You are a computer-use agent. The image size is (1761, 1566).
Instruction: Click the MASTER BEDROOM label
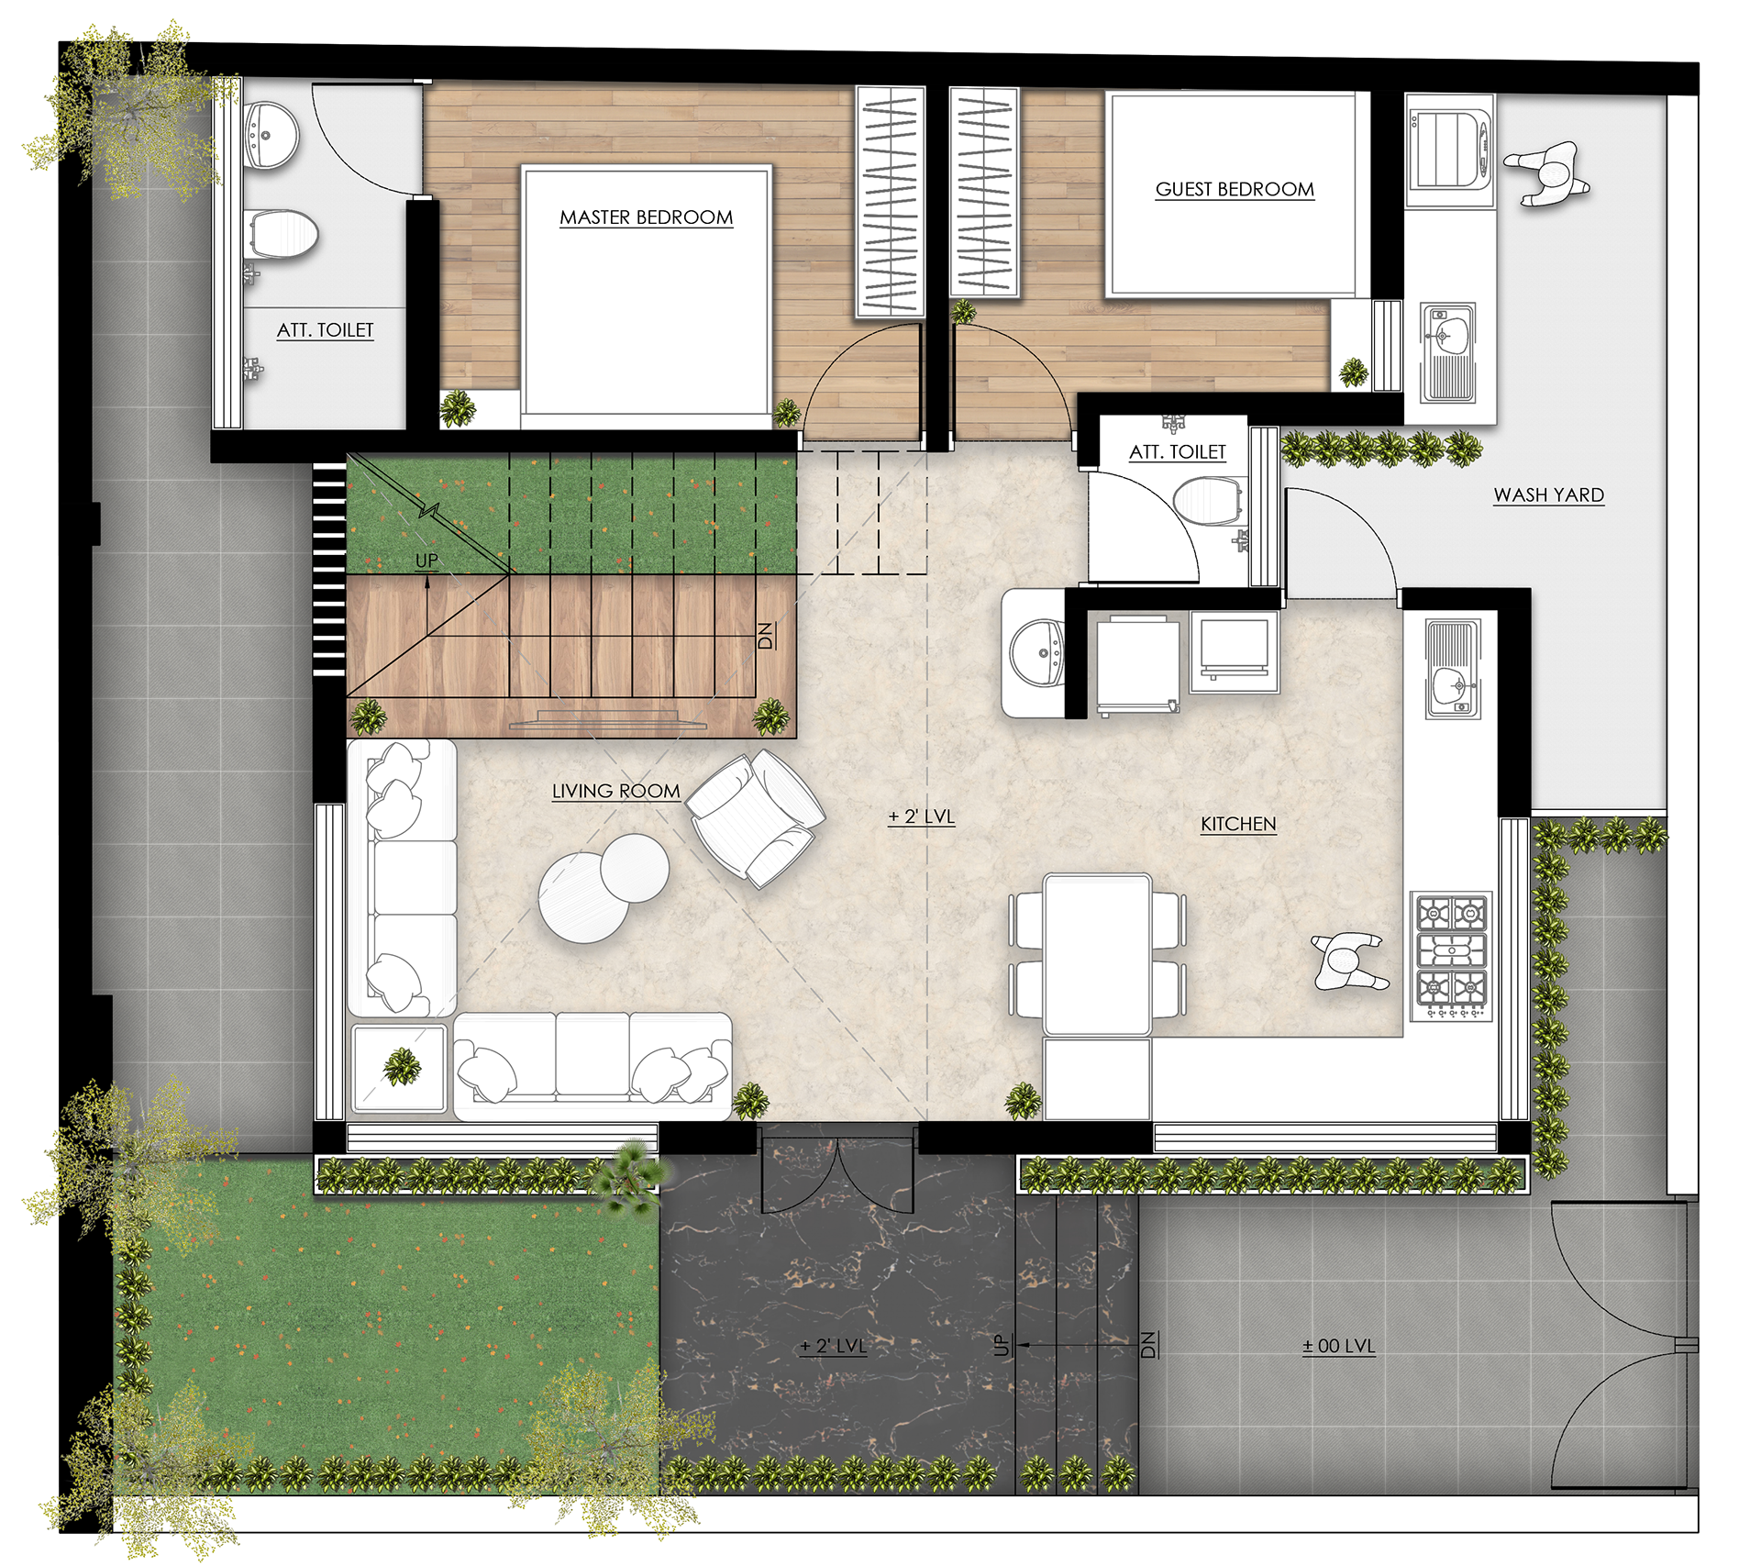(x=646, y=217)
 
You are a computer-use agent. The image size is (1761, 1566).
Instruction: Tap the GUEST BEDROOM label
(x=1235, y=189)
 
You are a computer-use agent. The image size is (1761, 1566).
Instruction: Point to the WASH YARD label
(x=1548, y=494)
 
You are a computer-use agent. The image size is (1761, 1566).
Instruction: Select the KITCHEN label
(x=1238, y=824)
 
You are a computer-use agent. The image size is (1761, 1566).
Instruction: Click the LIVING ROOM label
(x=615, y=791)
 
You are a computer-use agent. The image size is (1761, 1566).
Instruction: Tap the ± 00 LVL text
(x=1338, y=1346)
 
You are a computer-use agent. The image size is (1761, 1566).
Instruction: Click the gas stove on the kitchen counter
(x=1452, y=956)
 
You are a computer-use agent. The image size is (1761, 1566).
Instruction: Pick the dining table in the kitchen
(x=1097, y=955)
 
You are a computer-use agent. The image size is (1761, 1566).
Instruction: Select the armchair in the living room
(x=756, y=817)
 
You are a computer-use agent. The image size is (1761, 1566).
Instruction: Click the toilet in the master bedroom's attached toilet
(x=281, y=234)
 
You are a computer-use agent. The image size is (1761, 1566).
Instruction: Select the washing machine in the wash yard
(x=1449, y=151)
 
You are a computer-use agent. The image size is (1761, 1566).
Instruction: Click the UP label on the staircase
(x=426, y=561)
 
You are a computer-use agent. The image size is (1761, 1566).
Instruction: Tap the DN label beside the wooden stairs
(x=766, y=636)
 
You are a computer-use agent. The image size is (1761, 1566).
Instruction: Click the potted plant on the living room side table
(x=402, y=1066)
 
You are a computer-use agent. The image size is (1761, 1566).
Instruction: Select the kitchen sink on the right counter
(x=1452, y=669)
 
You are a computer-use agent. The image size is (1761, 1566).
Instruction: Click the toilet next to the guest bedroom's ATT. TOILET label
(x=1208, y=501)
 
